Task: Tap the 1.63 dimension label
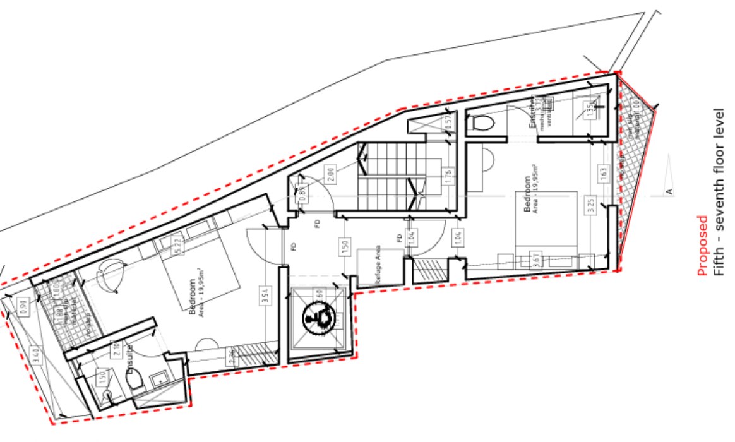point(603,173)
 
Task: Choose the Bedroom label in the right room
point(527,196)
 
